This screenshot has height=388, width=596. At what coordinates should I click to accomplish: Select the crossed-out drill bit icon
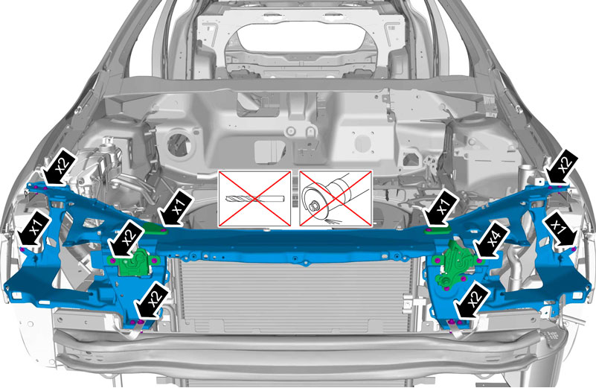tap(254, 199)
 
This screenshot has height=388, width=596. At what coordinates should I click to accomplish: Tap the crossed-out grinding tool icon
tap(336, 199)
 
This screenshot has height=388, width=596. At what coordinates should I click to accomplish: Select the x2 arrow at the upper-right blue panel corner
tap(562, 167)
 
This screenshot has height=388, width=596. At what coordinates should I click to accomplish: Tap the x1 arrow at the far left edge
tap(34, 229)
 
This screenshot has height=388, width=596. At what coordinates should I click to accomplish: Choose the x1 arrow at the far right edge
tap(560, 230)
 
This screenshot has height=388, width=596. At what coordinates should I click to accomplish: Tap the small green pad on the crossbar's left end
tap(155, 229)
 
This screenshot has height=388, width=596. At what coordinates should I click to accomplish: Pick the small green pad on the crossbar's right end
tap(437, 229)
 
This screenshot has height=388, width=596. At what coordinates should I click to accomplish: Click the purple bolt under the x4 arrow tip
tap(479, 261)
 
